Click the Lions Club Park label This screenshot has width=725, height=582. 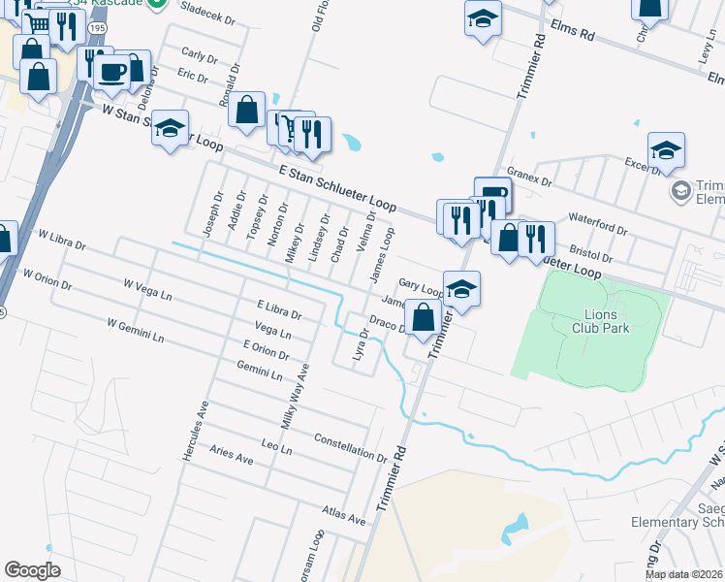pyautogui.click(x=607, y=321)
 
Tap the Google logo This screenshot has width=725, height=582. pyautogui.click(x=32, y=570)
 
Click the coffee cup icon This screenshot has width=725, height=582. pyautogui.click(x=112, y=71)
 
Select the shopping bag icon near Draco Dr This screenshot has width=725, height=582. pyautogui.click(x=423, y=317)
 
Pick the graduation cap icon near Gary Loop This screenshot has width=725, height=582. pyautogui.click(x=462, y=289)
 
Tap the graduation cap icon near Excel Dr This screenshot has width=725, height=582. pyautogui.click(x=666, y=150)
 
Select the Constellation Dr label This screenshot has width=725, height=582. pyautogui.click(x=350, y=446)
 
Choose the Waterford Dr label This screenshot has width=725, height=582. pyautogui.click(x=600, y=225)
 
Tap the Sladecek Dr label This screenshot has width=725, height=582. pyautogui.click(x=207, y=23)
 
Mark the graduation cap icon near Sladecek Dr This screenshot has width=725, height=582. pyautogui.click(x=482, y=18)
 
